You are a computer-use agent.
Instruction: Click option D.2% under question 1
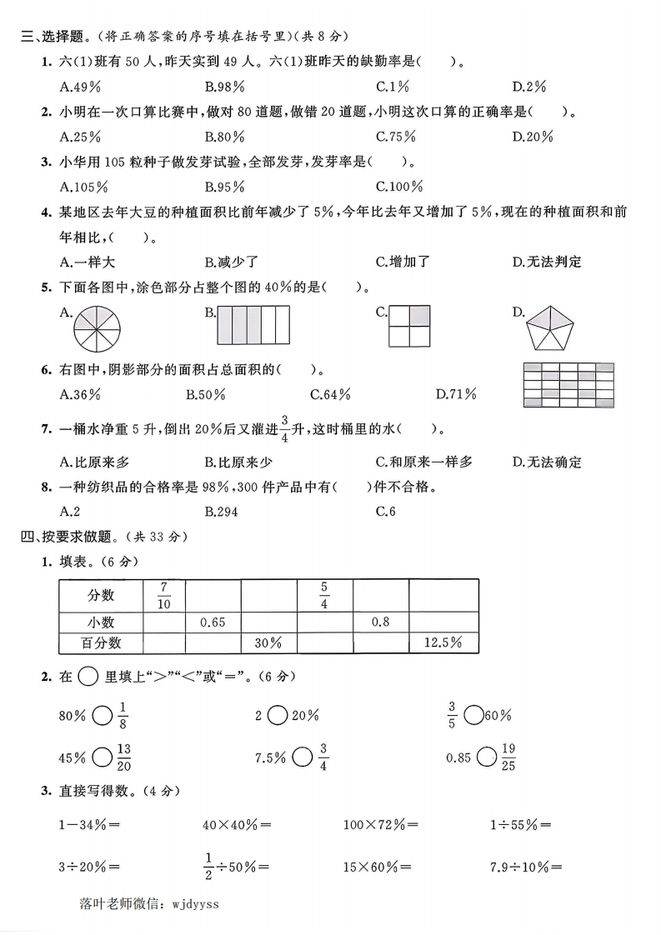528,87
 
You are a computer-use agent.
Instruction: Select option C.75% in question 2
395,137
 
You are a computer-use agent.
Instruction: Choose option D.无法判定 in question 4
546,262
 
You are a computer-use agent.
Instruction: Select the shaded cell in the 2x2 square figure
421,315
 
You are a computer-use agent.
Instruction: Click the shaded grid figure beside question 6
568,384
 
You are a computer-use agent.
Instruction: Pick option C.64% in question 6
330,394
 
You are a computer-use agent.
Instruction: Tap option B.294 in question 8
221,512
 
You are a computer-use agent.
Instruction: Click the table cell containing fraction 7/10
163,596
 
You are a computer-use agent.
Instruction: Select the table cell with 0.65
213,622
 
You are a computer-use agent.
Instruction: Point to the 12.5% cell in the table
443,642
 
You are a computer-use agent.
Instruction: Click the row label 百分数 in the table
101,642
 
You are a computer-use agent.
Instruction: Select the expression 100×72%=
380,825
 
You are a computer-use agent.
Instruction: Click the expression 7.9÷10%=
525,867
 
